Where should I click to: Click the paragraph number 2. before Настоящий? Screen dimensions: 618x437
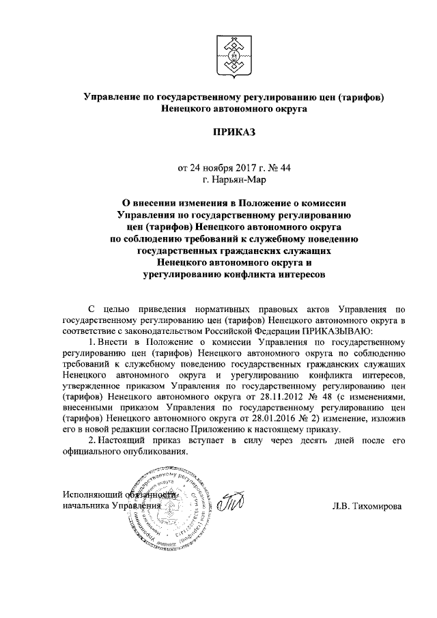pos(94,442)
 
